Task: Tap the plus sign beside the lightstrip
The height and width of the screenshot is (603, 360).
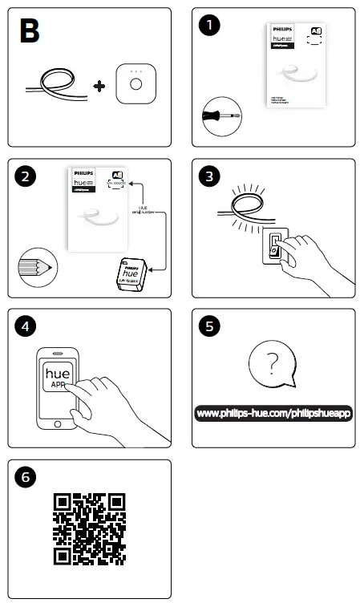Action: pyautogui.click(x=99, y=84)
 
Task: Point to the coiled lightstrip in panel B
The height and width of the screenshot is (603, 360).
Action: pyautogui.click(x=55, y=83)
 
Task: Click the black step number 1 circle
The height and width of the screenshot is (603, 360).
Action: pyautogui.click(x=209, y=25)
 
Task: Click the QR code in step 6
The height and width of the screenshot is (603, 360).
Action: pyautogui.click(x=90, y=529)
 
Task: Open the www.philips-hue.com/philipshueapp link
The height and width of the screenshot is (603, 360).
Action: pyautogui.click(x=274, y=414)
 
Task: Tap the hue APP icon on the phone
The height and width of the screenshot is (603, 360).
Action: pyautogui.click(x=58, y=378)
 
